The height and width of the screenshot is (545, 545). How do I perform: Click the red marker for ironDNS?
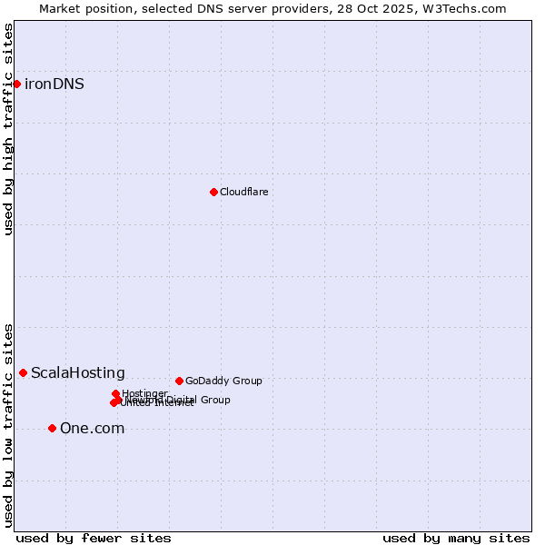tap(16, 84)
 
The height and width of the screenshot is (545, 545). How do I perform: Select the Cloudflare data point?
tap(213, 192)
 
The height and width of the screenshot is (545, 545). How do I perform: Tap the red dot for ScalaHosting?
tap(23, 372)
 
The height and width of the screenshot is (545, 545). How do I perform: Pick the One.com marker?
tap(52, 428)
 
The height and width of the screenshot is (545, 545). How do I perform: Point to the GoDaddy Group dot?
tap(179, 381)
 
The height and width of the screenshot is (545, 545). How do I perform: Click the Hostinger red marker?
tap(115, 394)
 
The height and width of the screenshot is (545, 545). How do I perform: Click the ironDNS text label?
tap(54, 84)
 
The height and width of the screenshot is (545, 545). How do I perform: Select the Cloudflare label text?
tap(243, 193)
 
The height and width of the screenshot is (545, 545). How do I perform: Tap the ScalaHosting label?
tap(77, 373)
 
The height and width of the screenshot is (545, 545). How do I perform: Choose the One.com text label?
tap(92, 429)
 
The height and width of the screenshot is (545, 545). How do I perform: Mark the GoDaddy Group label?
tap(223, 381)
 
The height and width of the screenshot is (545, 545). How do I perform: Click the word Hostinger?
tap(144, 393)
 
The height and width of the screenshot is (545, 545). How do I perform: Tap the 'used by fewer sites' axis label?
tap(94, 538)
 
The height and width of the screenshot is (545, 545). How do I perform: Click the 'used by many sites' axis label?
tap(456, 538)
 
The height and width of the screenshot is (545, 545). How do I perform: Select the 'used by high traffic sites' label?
tap(8, 129)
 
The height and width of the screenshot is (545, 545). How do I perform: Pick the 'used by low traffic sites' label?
tap(8, 424)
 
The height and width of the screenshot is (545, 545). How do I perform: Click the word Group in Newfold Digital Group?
tap(214, 400)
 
